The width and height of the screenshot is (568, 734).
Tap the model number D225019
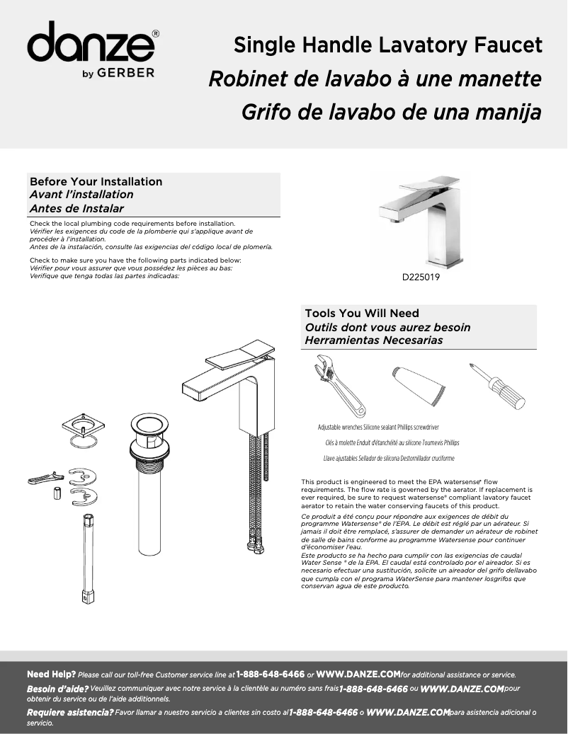click(421, 278)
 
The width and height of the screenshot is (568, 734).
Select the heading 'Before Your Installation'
click(96, 182)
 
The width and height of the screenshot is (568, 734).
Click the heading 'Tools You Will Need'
click(362, 314)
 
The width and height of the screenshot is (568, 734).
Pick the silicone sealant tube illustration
click(419, 385)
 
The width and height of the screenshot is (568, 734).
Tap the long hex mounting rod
click(89, 559)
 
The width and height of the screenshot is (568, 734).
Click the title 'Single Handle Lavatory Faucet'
click(388, 46)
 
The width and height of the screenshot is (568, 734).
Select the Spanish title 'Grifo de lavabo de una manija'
click(391, 112)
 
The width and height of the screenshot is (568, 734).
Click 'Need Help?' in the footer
click(51, 675)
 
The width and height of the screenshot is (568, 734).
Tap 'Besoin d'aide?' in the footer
click(57, 689)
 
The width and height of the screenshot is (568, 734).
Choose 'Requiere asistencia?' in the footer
click(69, 712)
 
